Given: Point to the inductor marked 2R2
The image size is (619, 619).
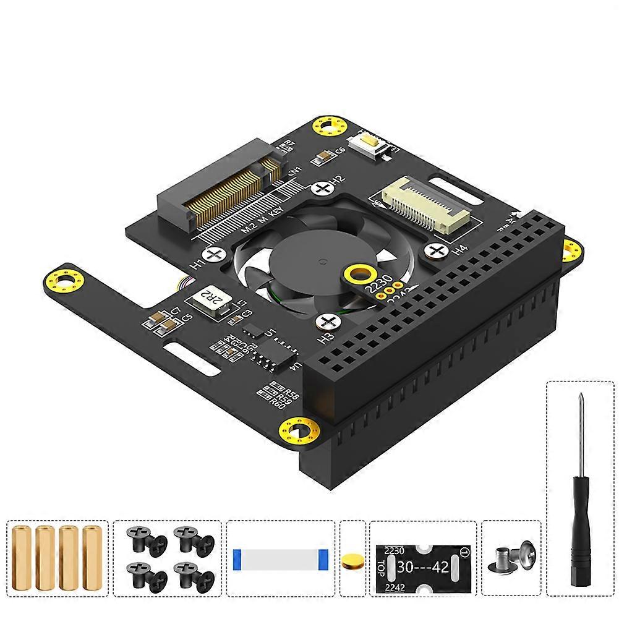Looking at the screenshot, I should pos(208,301).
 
